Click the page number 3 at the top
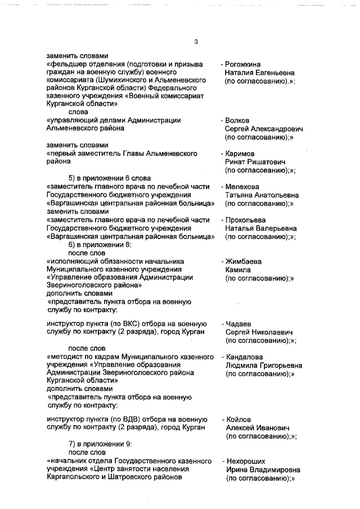click(x=196, y=42)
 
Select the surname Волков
click(x=240, y=120)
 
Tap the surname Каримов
click(x=241, y=154)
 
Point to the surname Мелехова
click(x=244, y=187)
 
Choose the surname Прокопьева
click(x=247, y=220)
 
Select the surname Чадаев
click(x=239, y=324)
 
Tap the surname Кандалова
click(x=245, y=357)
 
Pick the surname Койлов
click(x=239, y=420)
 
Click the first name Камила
click(x=238, y=270)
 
